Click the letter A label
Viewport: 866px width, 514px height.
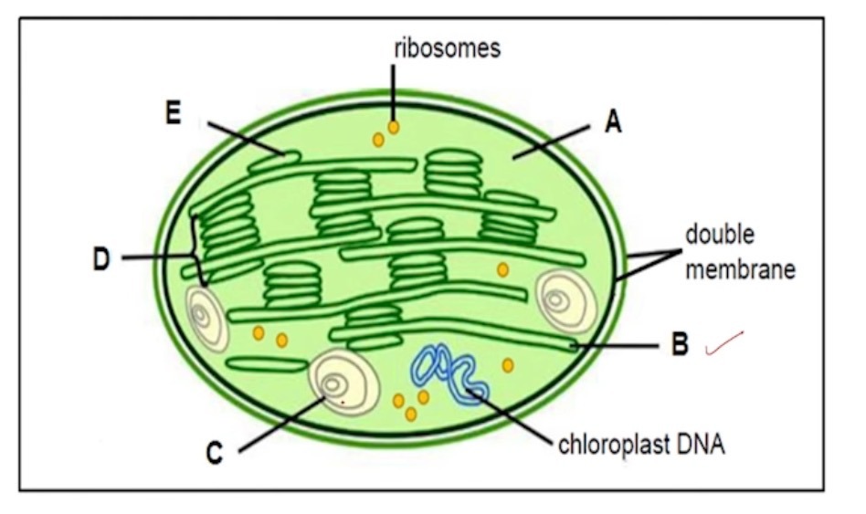[614, 122]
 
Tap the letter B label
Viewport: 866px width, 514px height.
[679, 346]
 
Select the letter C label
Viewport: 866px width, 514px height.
[214, 454]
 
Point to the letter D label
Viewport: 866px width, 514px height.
[101, 260]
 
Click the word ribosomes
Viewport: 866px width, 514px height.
[447, 48]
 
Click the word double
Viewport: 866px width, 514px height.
[721, 236]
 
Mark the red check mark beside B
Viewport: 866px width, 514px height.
[725, 343]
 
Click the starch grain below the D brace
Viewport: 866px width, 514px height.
[207, 319]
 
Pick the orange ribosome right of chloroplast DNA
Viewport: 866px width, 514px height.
[508, 365]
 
